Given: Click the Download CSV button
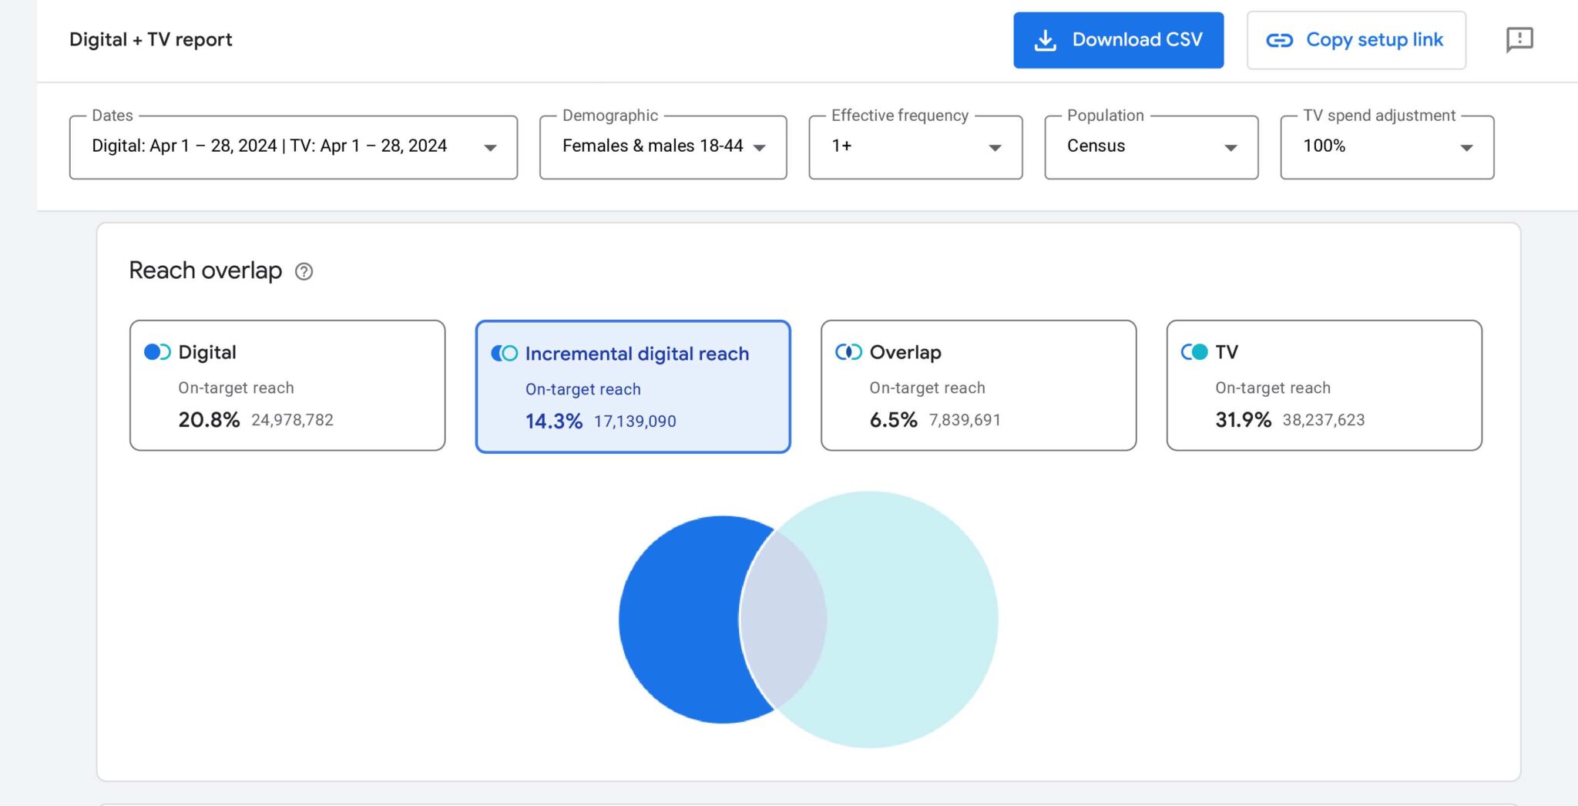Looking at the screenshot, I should pyautogui.click(x=1118, y=40).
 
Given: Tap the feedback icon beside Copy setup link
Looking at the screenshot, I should pyautogui.click(x=1519, y=39).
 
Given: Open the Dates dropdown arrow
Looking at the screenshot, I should pyautogui.click(x=490, y=147).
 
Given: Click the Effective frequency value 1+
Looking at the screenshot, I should pyautogui.click(x=841, y=146).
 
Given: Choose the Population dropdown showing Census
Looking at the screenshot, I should pyautogui.click(x=1151, y=146).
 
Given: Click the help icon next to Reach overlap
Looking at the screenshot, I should pyautogui.click(x=304, y=271).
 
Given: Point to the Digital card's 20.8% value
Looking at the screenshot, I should pyautogui.click(x=209, y=420).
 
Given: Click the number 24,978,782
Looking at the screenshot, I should pyautogui.click(x=292, y=420).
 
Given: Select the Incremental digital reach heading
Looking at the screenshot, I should pyautogui.click(x=636, y=354).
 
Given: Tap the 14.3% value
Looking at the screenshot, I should pyautogui.click(x=553, y=421).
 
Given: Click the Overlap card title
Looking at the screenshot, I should pyautogui.click(x=905, y=352).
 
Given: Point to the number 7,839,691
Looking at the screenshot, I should pyautogui.click(x=965, y=420).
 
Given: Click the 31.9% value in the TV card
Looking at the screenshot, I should pyautogui.click(x=1242, y=420).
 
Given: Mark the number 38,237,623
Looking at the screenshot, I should pyautogui.click(x=1323, y=420).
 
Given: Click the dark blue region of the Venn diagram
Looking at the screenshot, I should pyautogui.click(x=678, y=620).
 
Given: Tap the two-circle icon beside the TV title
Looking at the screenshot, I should pyautogui.click(x=1194, y=352).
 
